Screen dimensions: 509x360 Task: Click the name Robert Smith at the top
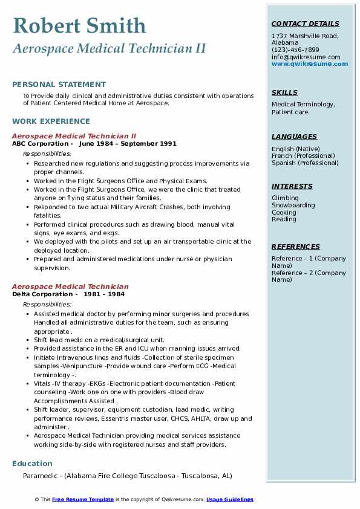pyautogui.click(x=79, y=25)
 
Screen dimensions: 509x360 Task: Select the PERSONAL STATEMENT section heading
pyautogui.click(x=59, y=85)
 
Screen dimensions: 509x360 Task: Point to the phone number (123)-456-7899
pyautogui.click(x=295, y=50)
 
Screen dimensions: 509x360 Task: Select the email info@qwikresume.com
pyautogui.click(x=306, y=57)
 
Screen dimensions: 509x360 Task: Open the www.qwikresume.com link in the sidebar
pyautogui.click(x=310, y=63)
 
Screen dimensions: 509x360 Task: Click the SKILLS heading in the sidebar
pyautogui.click(x=284, y=92)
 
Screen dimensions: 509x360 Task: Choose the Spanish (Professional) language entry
pyautogui.click(x=305, y=163)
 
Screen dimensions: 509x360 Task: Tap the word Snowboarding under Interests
pyautogui.click(x=293, y=206)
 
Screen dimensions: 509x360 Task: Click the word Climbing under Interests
pyautogui.click(x=285, y=198)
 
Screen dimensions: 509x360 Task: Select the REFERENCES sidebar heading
pyautogui.click(x=295, y=247)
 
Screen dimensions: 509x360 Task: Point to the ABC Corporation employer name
pyautogui.click(x=40, y=144)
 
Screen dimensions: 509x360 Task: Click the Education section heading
pyautogui.click(x=32, y=464)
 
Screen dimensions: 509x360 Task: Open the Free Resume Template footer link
pyautogui.click(x=83, y=499)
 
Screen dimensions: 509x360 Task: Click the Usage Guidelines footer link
pyautogui.click(x=230, y=499)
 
